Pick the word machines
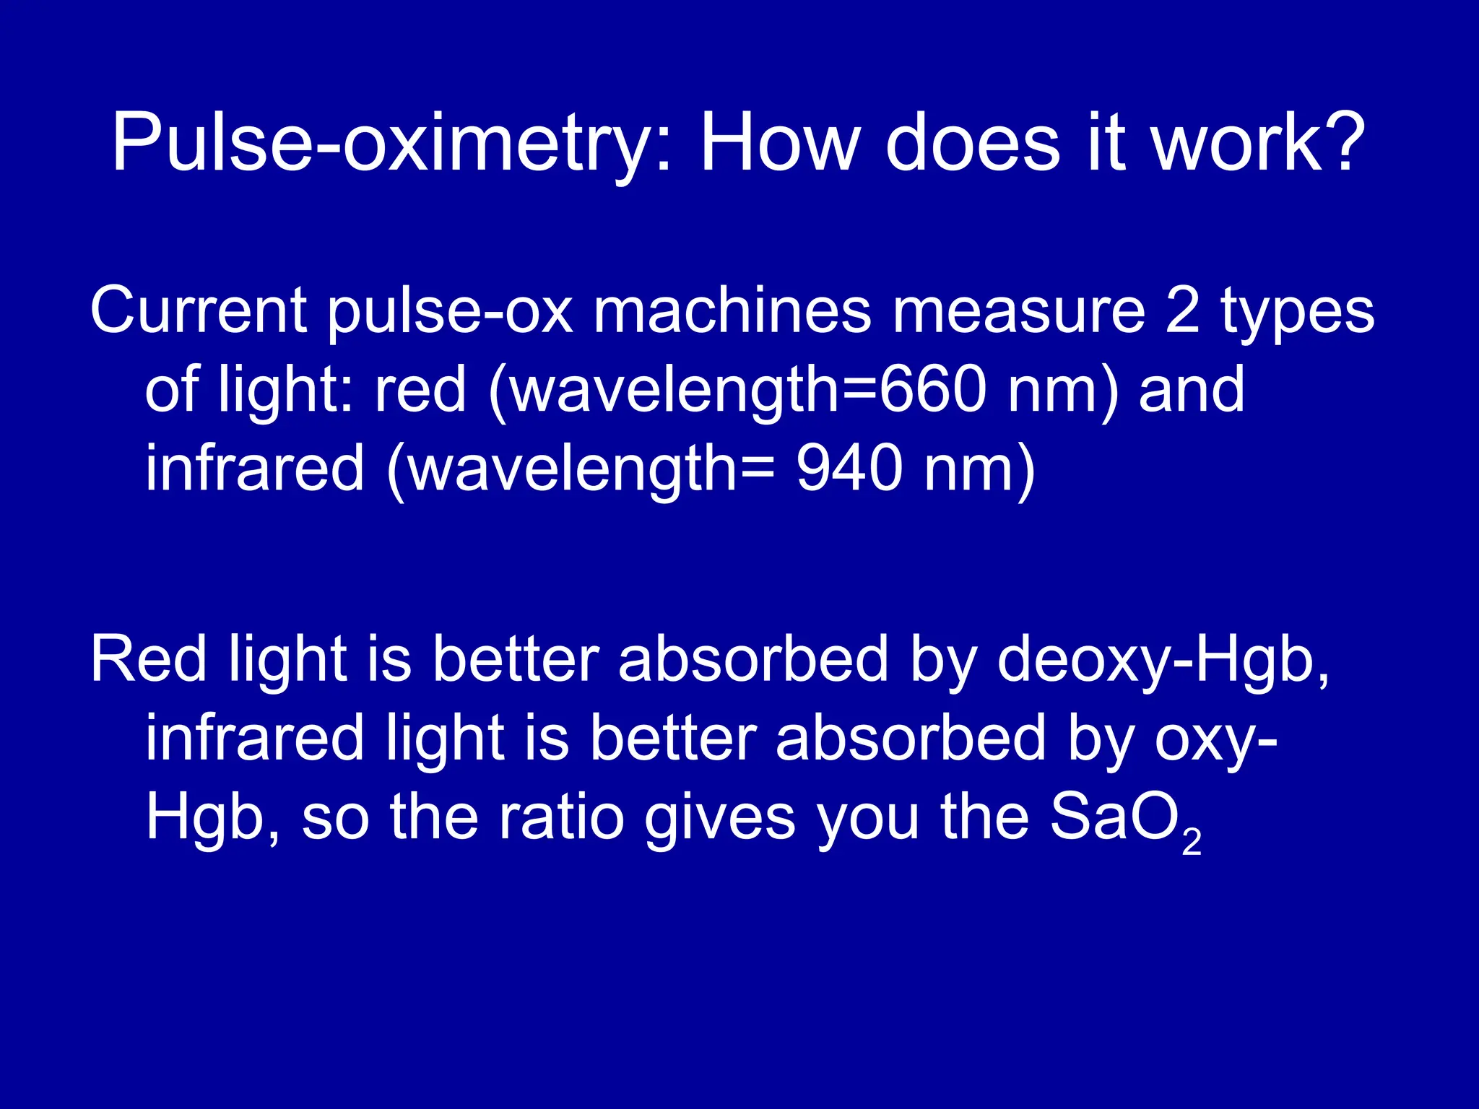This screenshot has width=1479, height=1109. point(732,310)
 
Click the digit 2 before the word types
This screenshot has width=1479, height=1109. point(1183,310)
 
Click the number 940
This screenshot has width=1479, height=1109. point(849,468)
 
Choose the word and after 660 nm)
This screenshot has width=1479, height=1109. point(1192,389)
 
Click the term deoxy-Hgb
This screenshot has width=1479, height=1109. point(1162,660)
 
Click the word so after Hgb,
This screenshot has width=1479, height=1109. point(335,820)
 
